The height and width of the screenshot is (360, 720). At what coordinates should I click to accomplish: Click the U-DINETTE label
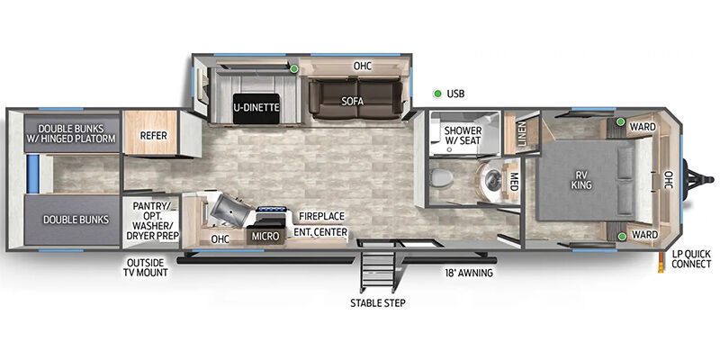click(256, 108)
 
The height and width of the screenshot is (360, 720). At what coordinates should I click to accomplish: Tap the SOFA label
click(353, 101)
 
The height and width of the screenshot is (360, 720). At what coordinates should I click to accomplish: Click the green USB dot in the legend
click(437, 94)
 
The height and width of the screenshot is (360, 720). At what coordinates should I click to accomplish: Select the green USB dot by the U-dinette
click(294, 69)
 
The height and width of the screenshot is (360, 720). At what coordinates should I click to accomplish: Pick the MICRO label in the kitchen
click(265, 237)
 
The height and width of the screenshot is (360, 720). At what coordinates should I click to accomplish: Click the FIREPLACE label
click(321, 216)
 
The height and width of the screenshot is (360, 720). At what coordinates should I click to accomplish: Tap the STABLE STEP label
click(378, 303)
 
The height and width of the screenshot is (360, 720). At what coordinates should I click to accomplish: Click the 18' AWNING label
click(468, 273)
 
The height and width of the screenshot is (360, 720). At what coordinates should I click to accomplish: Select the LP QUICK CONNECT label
click(691, 258)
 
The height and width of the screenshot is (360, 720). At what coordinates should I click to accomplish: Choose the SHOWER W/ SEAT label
click(463, 135)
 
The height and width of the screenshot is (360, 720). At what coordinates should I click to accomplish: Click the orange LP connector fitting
click(661, 263)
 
